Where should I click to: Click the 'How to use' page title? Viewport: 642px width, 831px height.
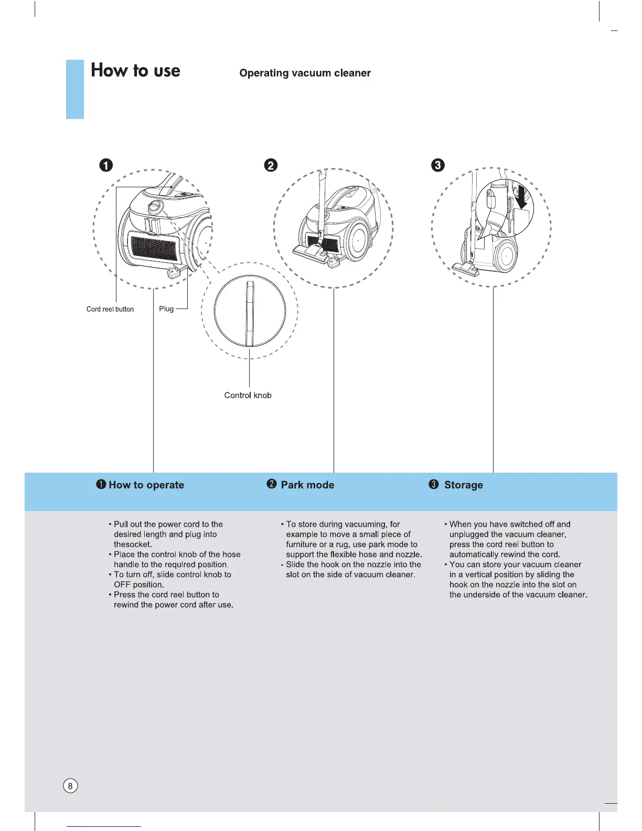135,70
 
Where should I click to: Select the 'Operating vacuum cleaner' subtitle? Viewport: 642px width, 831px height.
305,73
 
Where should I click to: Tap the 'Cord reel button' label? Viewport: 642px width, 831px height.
110,309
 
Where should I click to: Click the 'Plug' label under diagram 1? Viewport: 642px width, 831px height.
166,308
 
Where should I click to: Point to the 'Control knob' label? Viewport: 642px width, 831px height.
248,395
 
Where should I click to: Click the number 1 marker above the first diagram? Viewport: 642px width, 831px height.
106,165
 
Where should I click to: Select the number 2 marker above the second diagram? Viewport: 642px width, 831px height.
271,165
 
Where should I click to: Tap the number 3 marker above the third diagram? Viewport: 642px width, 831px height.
437,165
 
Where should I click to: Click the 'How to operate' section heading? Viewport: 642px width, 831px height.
146,485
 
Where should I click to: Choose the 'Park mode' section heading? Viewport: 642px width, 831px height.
307,485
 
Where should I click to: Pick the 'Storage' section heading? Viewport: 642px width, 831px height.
464,485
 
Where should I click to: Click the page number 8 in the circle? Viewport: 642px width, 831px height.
70,786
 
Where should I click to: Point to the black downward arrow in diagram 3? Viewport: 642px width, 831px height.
521,200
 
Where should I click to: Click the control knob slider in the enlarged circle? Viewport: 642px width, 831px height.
250,313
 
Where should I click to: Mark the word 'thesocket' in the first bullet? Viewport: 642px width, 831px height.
132,545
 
